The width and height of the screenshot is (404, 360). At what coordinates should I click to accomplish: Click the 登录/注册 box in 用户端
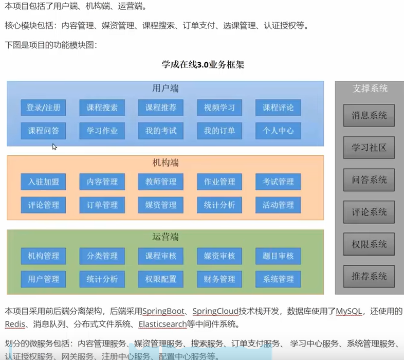pos(44,107)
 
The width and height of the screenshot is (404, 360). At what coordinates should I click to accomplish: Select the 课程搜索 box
pos(102,107)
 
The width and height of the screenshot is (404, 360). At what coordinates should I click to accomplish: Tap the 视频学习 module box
pos(219,107)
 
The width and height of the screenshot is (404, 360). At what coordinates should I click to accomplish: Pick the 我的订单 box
pos(219,131)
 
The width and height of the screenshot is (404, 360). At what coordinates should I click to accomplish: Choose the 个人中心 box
pos(278,131)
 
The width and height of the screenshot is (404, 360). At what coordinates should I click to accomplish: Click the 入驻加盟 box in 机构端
pos(44,182)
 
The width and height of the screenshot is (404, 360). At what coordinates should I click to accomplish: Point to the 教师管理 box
pos(161,182)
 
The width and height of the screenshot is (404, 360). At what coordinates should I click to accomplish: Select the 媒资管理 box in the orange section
pos(161,205)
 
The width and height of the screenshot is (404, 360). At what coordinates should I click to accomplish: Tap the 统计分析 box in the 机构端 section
pos(219,205)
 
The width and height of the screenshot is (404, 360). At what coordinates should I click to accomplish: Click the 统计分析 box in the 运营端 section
pos(102,279)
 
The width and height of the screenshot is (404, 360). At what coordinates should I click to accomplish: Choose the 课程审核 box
pos(161,256)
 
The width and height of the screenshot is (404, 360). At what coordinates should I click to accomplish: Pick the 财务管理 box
pos(219,279)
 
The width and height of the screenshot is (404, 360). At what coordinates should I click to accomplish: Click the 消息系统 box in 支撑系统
pos(369,115)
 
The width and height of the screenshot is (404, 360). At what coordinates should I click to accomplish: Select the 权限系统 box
pos(369,244)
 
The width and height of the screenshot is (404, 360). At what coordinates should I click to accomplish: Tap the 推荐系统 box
pos(369,276)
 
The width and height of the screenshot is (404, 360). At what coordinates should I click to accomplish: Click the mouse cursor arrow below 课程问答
pos(54,147)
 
